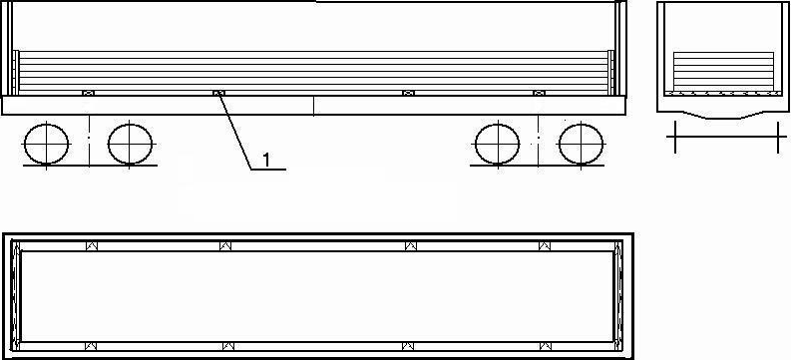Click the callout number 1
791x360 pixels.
pos(266,160)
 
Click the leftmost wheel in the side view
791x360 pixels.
pos(47,144)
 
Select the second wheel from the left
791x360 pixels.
pos(130,144)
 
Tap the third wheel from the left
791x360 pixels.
pos(498,144)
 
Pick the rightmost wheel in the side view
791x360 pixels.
pos(582,144)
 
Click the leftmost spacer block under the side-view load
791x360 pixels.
pos(89,93)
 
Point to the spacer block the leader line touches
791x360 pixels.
pos(218,93)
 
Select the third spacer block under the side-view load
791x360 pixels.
pos(408,93)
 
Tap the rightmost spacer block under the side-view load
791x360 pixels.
pos(539,93)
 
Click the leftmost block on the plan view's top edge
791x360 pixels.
pos(92,246)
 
